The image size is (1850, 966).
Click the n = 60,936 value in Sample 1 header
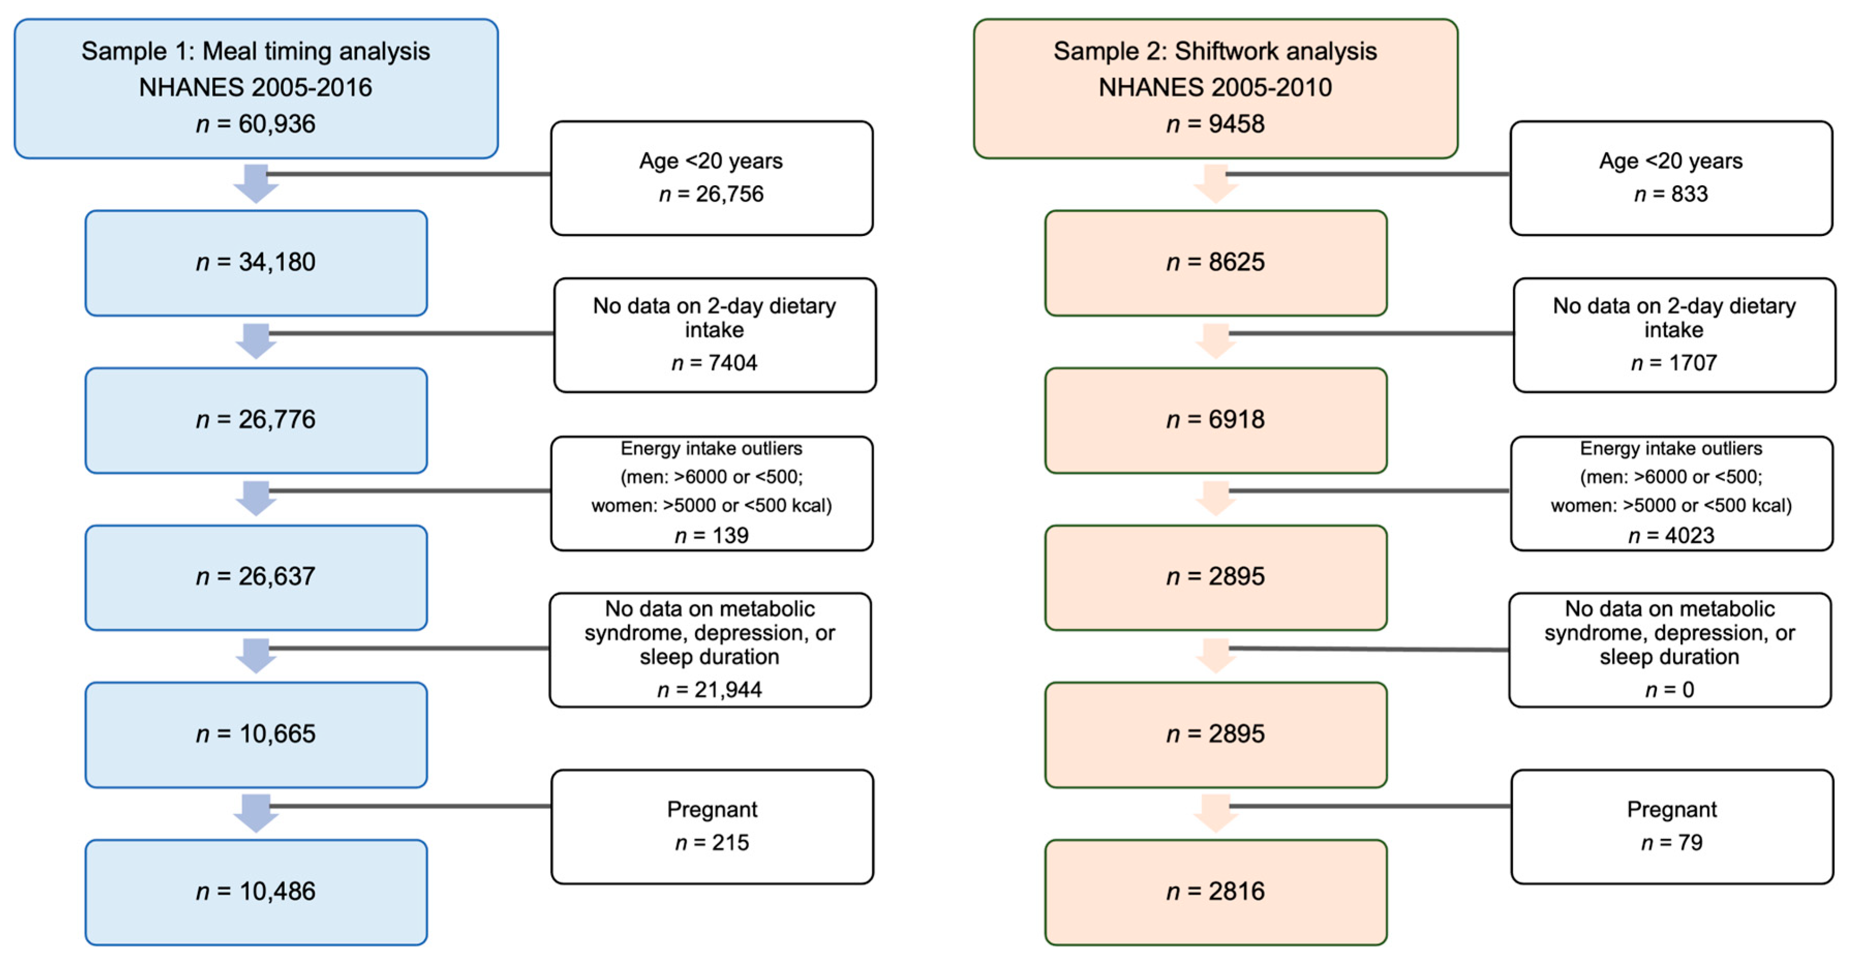tap(256, 123)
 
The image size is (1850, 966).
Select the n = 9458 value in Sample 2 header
tap(1215, 123)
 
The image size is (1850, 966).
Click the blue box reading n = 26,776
tap(256, 420)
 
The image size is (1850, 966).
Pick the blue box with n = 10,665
tap(256, 734)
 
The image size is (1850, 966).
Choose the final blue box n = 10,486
tap(256, 891)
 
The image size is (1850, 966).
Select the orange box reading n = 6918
tap(1215, 420)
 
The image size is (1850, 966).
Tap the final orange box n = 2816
tap(1215, 891)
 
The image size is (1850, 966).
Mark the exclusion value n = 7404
tap(714, 362)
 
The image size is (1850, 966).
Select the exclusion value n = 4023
tap(1671, 535)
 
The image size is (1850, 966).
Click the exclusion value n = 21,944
tap(710, 690)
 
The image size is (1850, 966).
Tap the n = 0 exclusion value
tap(1669, 690)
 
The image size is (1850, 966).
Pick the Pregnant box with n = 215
tap(712, 827)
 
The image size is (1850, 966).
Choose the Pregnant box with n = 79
tap(1672, 827)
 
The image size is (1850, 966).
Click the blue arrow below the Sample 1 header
tap(256, 184)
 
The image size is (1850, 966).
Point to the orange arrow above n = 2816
tap(1215, 814)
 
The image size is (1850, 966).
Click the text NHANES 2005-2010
tap(1215, 88)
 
